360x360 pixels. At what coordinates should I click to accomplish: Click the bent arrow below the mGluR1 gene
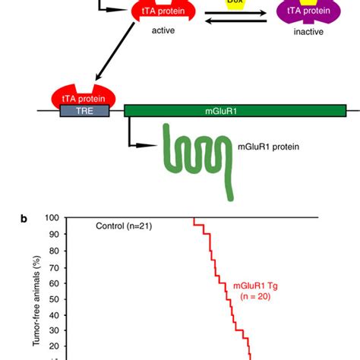click(x=141, y=137)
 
